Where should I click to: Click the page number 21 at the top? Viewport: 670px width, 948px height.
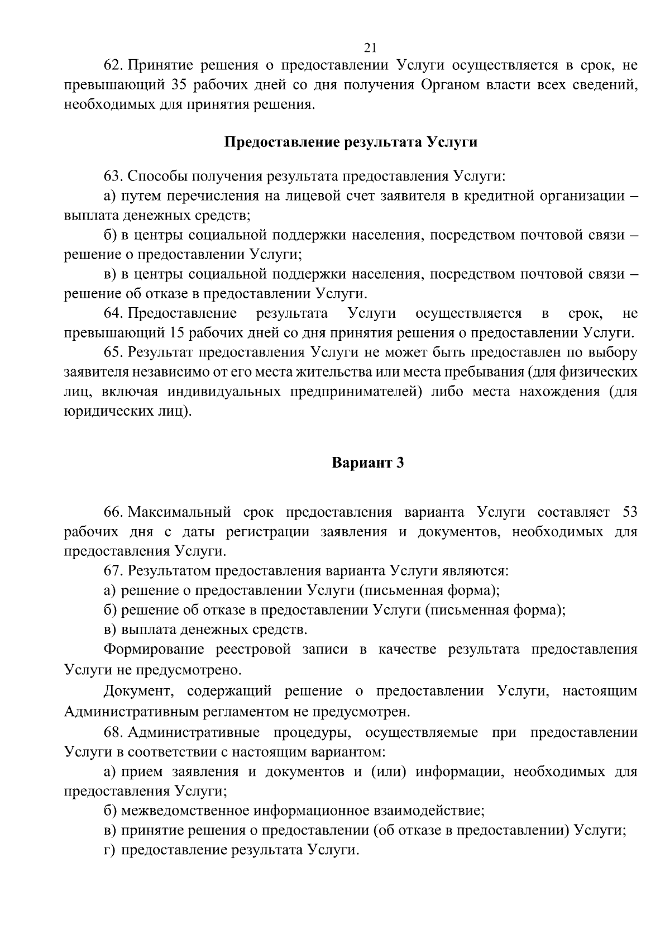tap(368, 47)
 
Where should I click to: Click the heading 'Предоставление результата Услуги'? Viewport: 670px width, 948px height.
tap(351, 142)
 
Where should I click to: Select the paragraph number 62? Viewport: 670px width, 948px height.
tap(113, 66)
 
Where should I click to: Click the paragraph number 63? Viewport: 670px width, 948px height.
tap(113, 177)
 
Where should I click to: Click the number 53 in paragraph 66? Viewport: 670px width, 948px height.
tap(628, 512)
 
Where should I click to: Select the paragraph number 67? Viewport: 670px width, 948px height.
tap(113, 571)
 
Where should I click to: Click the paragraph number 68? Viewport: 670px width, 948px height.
tap(113, 732)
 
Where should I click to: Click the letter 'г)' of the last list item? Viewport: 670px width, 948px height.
tap(109, 850)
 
